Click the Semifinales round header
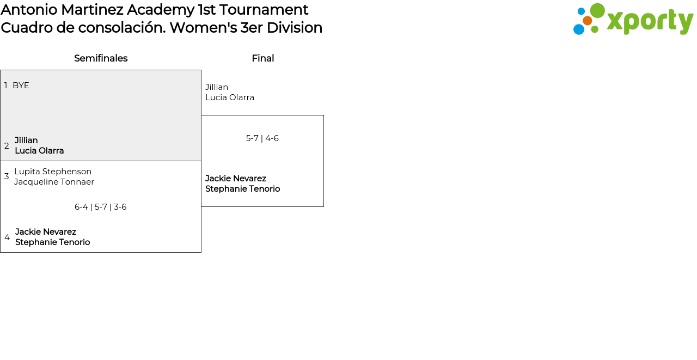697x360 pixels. click(x=101, y=58)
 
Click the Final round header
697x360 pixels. click(x=262, y=58)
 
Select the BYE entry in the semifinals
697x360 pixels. click(x=21, y=86)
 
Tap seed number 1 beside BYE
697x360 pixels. click(x=6, y=86)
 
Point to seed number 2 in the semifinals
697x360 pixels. click(x=7, y=146)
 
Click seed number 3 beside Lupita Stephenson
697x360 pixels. click(x=7, y=176)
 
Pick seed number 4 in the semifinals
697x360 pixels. click(x=7, y=237)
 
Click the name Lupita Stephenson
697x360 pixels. click(x=53, y=172)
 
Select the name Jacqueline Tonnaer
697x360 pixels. click(x=54, y=182)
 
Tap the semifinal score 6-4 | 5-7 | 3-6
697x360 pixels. click(x=101, y=207)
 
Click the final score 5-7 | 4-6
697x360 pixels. click(x=262, y=138)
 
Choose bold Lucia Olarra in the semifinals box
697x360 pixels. click(x=39, y=151)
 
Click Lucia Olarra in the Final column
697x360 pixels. click(x=230, y=97)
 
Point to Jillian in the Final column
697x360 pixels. click(x=217, y=87)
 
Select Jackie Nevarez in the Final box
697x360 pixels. click(x=236, y=179)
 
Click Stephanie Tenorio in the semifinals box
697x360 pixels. click(x=53, y=242)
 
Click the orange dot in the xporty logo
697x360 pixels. click(x=588, y=21)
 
